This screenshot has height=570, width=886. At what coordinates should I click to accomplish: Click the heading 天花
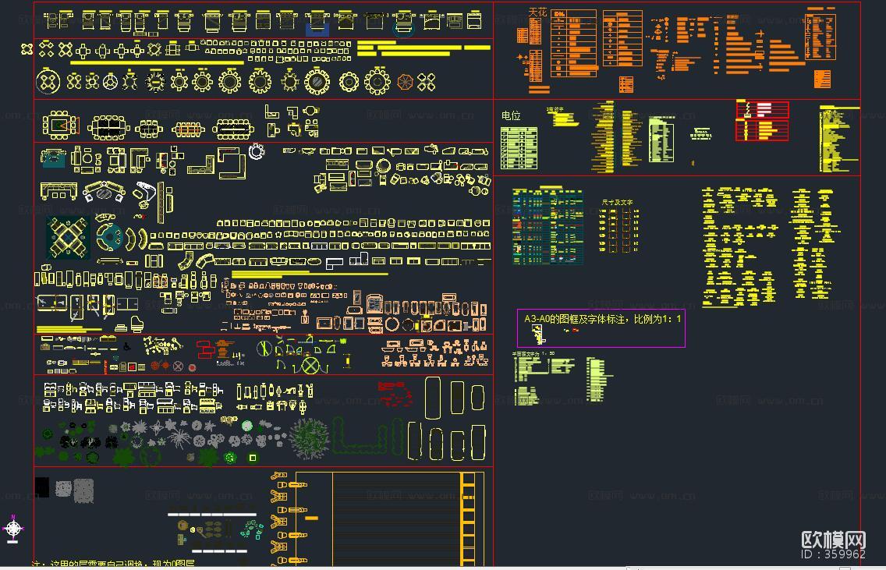coord(537,12)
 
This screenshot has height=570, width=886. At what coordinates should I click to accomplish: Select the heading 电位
coord(511,115)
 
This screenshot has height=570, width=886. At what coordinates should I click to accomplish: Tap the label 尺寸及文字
coord(617,202)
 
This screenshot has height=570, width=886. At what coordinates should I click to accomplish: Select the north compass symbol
coord(13,529)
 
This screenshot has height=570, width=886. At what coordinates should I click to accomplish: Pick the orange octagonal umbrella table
coord(406,82)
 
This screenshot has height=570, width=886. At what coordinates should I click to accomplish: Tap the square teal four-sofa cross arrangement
coord(68,238)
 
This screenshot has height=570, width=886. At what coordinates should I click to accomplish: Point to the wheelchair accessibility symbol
coord(127,348)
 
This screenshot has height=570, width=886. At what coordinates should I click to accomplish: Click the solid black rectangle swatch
coord(42,487)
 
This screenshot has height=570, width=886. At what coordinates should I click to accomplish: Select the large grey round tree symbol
coord(310,437)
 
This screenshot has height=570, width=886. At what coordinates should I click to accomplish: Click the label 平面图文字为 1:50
coord(533,354)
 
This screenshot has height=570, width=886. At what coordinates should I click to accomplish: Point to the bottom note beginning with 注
coord(113,564)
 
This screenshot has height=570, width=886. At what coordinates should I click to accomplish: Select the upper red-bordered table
coord(762,110)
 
